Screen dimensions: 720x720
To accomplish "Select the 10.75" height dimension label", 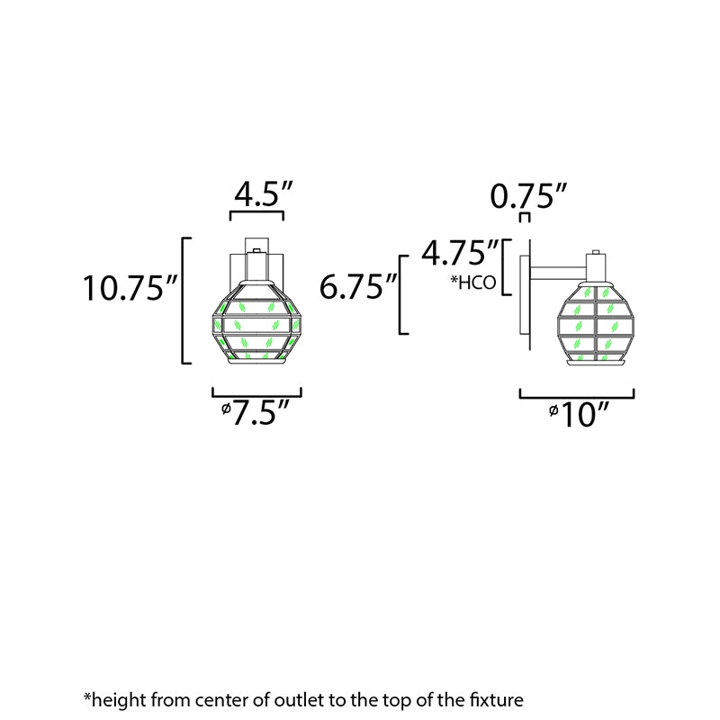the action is coord(130,288).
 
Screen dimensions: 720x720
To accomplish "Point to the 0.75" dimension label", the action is coord(528,196).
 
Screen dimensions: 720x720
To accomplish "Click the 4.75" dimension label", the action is coord(460,252).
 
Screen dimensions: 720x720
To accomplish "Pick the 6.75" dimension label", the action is coord(357,286).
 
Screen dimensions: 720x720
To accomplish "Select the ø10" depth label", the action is coord(579,414).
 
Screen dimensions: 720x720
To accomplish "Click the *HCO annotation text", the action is coord(473,283).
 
